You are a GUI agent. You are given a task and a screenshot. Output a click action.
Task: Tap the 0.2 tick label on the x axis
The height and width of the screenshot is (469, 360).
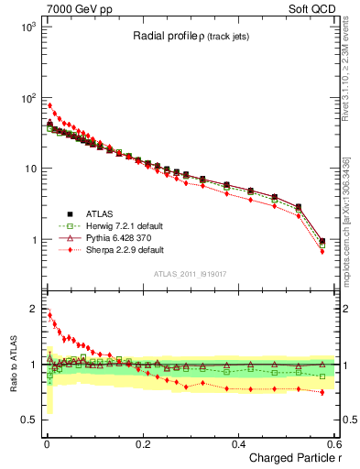click(x=142, y=443)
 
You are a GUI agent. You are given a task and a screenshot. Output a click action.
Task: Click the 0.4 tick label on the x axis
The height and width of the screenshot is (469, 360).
click(x=238, y=443)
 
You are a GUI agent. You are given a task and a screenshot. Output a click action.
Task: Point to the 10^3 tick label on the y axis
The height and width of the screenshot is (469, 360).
click(x=27, y=27)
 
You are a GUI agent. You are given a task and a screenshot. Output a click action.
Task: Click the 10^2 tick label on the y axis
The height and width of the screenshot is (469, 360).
click(x=27, y=97)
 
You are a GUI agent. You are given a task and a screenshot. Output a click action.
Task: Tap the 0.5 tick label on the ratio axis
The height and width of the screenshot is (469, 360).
click(x=30, y=420)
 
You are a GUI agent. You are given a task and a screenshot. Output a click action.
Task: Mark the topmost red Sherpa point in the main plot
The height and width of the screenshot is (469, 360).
click(x=49, y=105)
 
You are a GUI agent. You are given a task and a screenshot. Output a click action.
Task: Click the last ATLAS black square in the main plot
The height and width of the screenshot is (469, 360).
click(x=322, y=241)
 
